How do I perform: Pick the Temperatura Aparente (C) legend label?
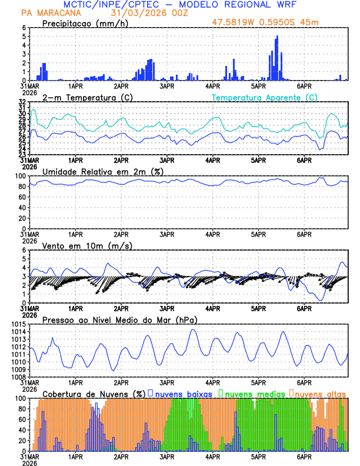tap(265, 97)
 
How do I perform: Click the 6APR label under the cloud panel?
tap(304, 456)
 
